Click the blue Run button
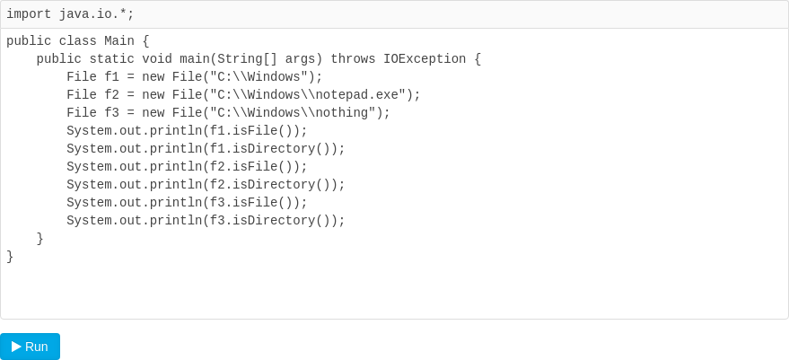point(30,347)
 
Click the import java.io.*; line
point(70,14)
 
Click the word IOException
point(425,59)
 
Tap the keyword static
point(111,59)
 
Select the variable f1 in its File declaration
point(111,77)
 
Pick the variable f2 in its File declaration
point(111,95)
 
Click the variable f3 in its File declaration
point(111,113)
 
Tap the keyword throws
point(353,59)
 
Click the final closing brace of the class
point(10,257)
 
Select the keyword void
point(157,59)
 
